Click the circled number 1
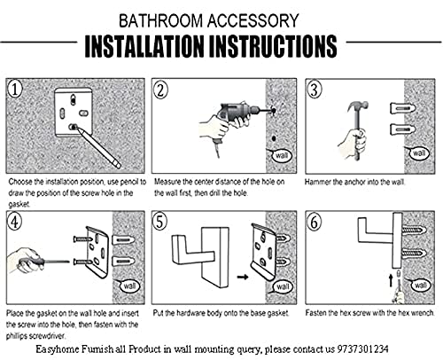point(15,89)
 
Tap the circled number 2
point(160,90)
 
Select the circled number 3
point(315,90)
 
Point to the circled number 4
point(15,222)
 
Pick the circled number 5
point(160,222)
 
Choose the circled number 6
point(315,222)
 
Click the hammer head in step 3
point(358,106)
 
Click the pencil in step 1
point(98,146)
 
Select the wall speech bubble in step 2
point(281,154)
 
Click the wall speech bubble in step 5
point(282,286)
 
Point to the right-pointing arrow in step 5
point(243,278)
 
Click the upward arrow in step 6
point(391,279)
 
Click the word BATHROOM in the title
point(160,20)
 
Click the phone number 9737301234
point(363,349)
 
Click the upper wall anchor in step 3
point(402,108)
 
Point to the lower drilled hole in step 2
point(274,138)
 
